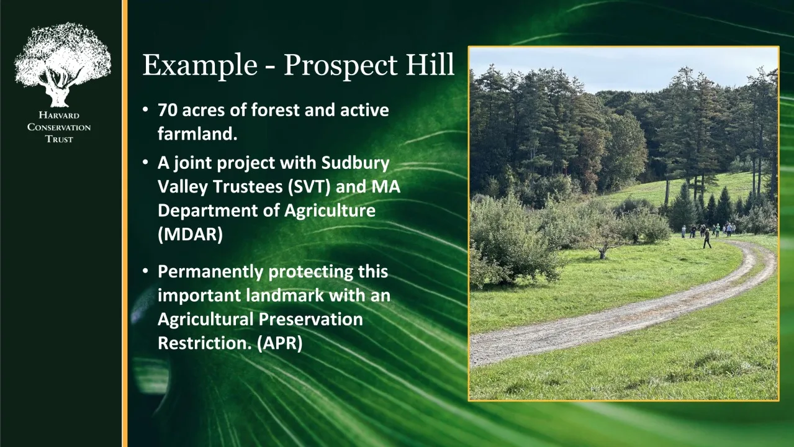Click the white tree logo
coord(62,65)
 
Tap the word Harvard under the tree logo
coord(59,115)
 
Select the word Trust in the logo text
coord(59,139)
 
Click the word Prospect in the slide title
coord(340,66)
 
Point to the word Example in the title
coord(199,66)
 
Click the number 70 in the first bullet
coord(168,110)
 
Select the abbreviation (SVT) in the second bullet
coord(309,187)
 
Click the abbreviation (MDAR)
coord(191,234)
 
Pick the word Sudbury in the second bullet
coord(356,163)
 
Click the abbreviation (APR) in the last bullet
coord(280,343)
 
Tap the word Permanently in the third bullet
coord(210,272)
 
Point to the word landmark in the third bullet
coord(285,296)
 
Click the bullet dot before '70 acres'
coord(145,109)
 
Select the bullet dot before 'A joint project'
coord(145,163)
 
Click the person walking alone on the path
coord(707,238)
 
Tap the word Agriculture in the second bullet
coord(330,210)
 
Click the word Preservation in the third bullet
coord(311,319)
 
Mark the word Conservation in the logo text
coord(59,127)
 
